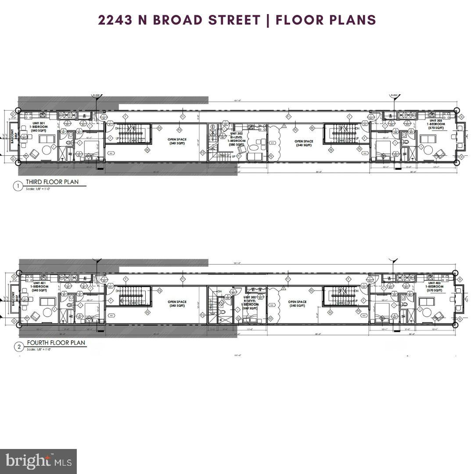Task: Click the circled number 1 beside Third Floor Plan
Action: tap(18, 186)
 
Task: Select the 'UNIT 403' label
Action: tap(436, 284)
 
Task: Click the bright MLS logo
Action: tap(38, 461)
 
